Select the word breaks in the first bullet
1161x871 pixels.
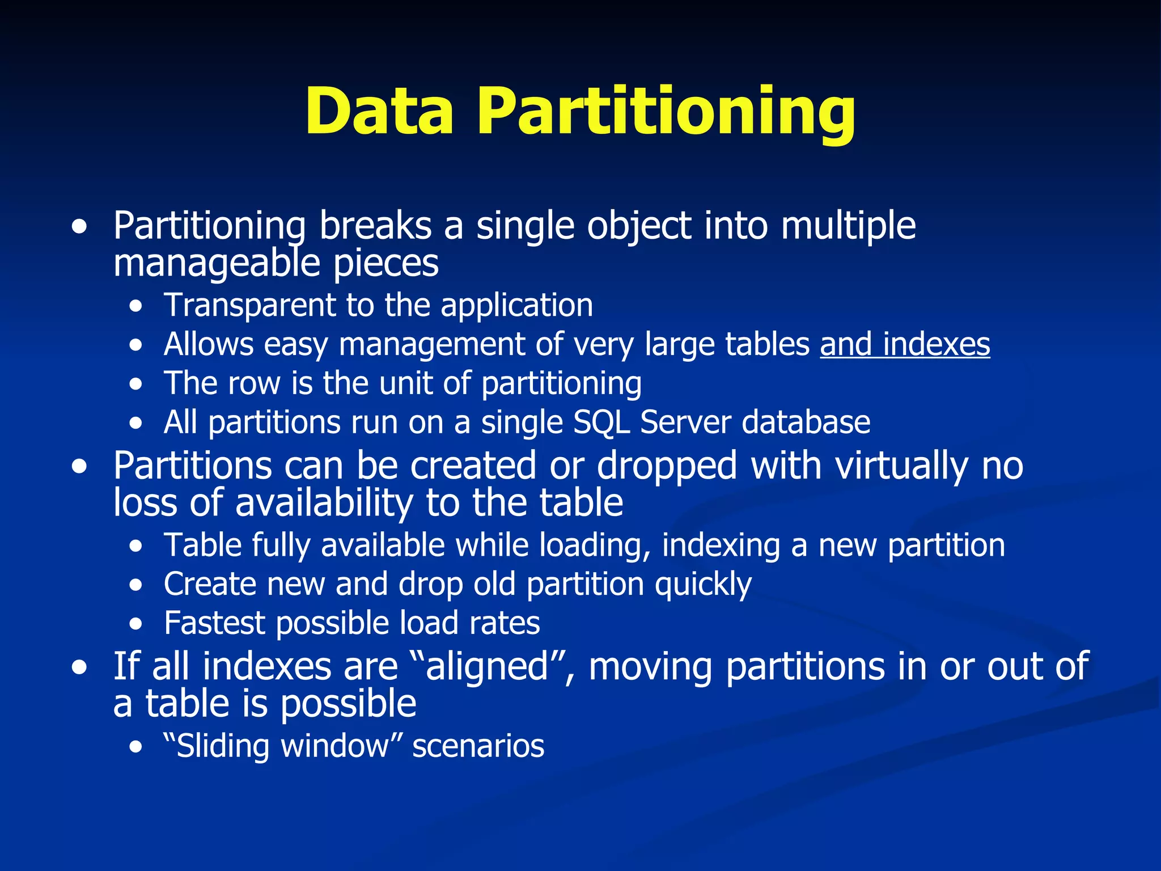[375, 226]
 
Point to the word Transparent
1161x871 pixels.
[250, 306]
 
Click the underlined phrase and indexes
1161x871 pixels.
[905, 344]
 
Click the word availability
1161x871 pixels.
[325, 504]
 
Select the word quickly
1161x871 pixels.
[703, 585]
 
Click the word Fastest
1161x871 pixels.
[214, 623]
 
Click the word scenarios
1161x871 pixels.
[478, 746]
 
